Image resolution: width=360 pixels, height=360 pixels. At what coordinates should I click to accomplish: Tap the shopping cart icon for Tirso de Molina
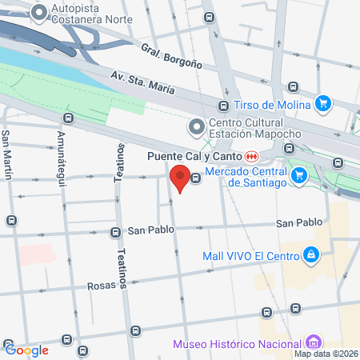[x=323, y=103]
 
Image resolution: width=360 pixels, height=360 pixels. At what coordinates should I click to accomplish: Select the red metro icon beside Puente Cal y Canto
[x=252, y=155]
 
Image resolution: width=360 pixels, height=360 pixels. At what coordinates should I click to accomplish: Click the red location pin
[x=181, y=178]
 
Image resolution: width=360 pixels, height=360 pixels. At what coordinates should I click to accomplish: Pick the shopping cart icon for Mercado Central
[x=298, y=175]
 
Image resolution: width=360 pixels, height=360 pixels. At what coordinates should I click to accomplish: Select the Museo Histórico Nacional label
[x=232, y=345]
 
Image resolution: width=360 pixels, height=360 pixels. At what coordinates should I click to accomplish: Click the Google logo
[x=27, y=350]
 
